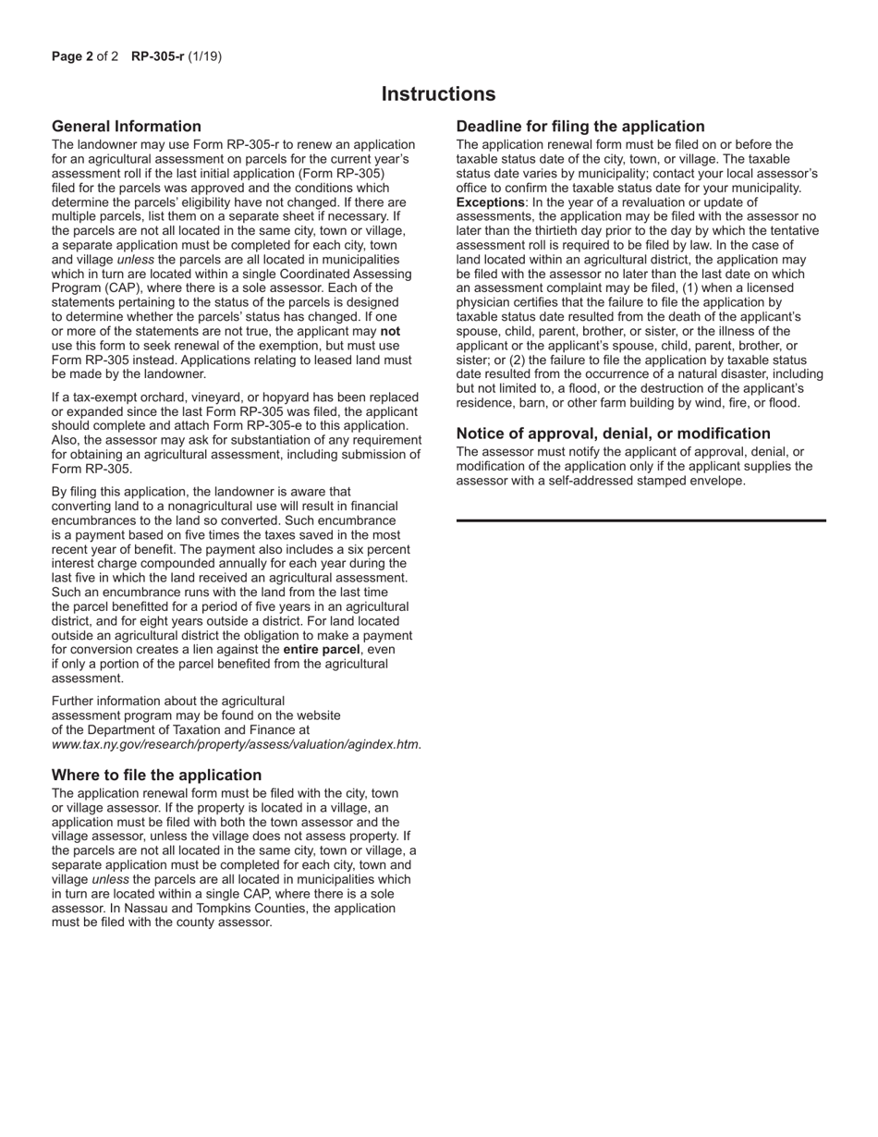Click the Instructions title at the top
(x=438, y=94)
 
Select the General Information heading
(x=127, y=127)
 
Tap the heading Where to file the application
(x=156, y=775)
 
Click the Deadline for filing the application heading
(x=580, y=127)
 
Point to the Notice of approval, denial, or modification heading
(x=613, y=434)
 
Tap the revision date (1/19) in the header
(x=205, y=56)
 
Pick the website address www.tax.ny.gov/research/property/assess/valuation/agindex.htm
(x=237, y=744)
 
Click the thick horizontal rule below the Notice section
(x=641, y=521)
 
